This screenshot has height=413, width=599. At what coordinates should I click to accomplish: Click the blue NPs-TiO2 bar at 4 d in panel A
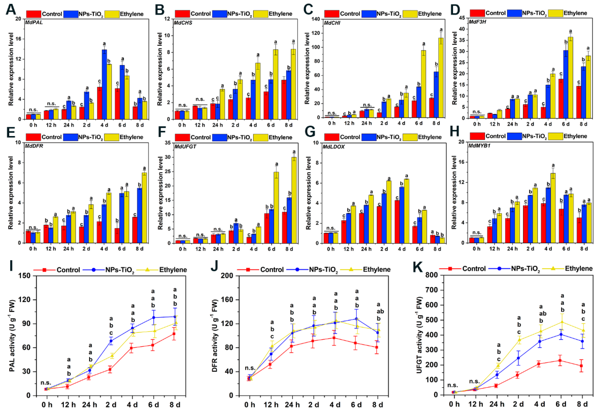(104, 84)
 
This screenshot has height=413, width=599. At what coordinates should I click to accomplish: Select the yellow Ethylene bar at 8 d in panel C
(441, 78)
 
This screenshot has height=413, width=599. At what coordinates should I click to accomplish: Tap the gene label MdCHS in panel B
(183, 23)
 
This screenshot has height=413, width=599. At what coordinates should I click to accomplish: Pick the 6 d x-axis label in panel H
(566, 249)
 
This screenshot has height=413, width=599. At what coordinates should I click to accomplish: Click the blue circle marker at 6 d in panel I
(154, 318)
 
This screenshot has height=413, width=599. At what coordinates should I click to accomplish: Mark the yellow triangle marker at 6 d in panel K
(561, 322)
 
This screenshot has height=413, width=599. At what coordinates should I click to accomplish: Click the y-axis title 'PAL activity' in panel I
(12, 335)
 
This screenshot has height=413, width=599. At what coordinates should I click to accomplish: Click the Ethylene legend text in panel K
(578, 269)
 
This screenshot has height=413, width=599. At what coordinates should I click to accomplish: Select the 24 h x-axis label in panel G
(366, 249)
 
